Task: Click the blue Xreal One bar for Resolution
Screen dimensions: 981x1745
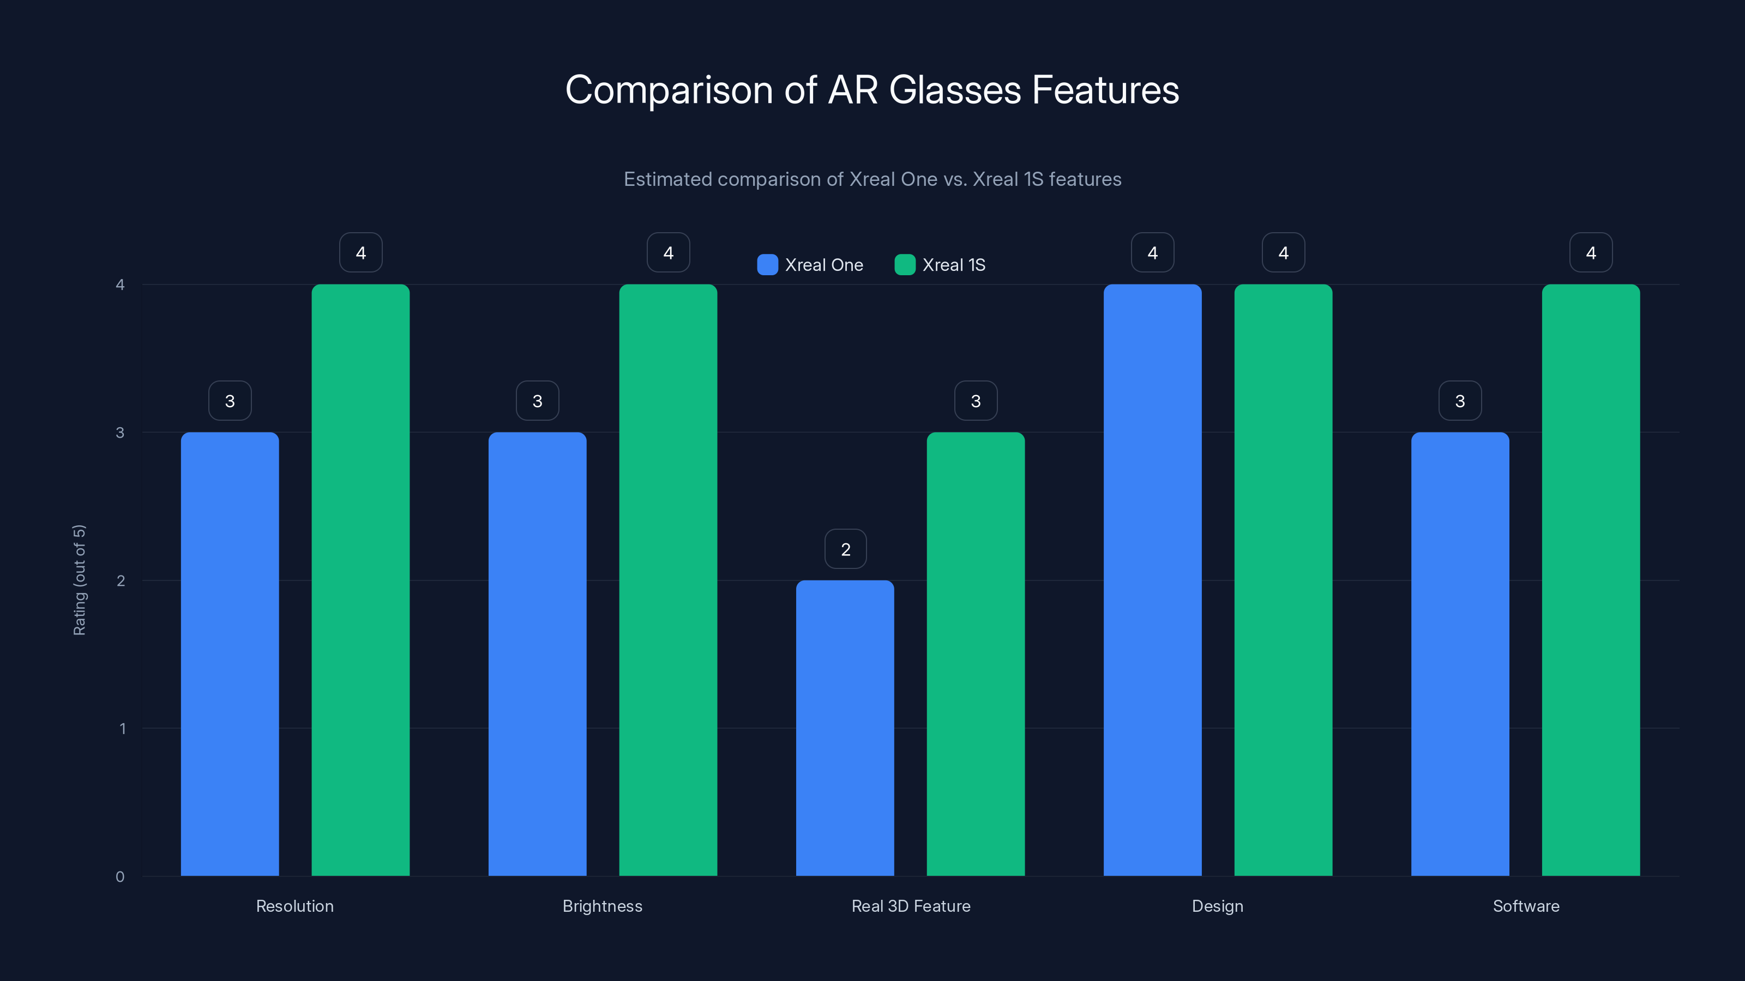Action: click(x=230, y=653)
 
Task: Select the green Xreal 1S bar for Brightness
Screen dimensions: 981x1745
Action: click(x=668, y=579)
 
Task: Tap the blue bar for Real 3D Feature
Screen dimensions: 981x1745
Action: click(x=845, y=728)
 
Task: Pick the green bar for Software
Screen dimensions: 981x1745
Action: click(x=1591, y=579)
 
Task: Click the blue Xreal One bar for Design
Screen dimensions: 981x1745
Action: click(x=1152, y=579)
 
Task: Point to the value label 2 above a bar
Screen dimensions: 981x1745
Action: click(x=845, y=549)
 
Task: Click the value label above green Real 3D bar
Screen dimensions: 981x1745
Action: click(x=976, y=401)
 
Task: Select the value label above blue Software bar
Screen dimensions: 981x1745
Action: click(x=1460, y=401)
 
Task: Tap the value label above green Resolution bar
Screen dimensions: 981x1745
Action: click(x=360, y=252)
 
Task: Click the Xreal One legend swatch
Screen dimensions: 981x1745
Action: click(x=767, y=265)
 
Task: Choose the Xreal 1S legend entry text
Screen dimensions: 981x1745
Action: click(x=954, y=265)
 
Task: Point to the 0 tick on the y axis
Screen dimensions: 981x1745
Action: click(x=120, y=877)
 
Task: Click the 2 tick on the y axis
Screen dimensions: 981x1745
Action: click(x=121, y=580)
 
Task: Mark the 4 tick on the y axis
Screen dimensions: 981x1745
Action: click(x=120, y=284)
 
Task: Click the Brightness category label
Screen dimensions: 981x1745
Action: click(x=602, y=906)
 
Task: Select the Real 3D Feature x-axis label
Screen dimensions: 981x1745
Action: click(x=911, y=906)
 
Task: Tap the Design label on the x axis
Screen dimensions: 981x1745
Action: click(x=1217, y=906)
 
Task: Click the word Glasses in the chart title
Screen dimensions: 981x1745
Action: click(x=954, y=90)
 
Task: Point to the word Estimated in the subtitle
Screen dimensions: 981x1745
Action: click(x=667, y=179)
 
